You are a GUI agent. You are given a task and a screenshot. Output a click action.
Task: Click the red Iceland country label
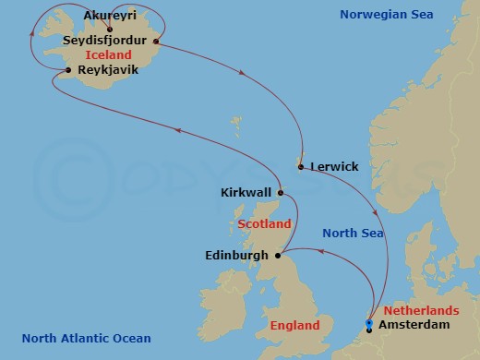click(105, 55)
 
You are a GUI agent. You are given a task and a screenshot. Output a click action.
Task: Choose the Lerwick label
click(333, 167)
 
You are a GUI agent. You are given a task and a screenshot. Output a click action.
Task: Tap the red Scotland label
click(264, 224)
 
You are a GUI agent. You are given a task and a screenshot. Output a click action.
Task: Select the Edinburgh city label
click(236, 255)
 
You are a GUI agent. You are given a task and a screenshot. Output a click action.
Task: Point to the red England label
click(295, 326)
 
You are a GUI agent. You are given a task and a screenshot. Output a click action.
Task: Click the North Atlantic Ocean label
click(86, 338)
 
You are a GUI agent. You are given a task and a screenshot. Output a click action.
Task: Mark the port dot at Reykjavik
click(69, 70)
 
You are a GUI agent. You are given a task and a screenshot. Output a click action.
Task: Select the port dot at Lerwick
click(301, 166)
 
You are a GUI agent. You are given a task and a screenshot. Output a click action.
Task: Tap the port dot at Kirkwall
click(281, 194)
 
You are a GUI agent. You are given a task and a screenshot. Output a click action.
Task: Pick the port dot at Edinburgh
click(278, 254)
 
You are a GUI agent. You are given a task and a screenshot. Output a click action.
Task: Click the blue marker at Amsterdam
click(368, 323)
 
